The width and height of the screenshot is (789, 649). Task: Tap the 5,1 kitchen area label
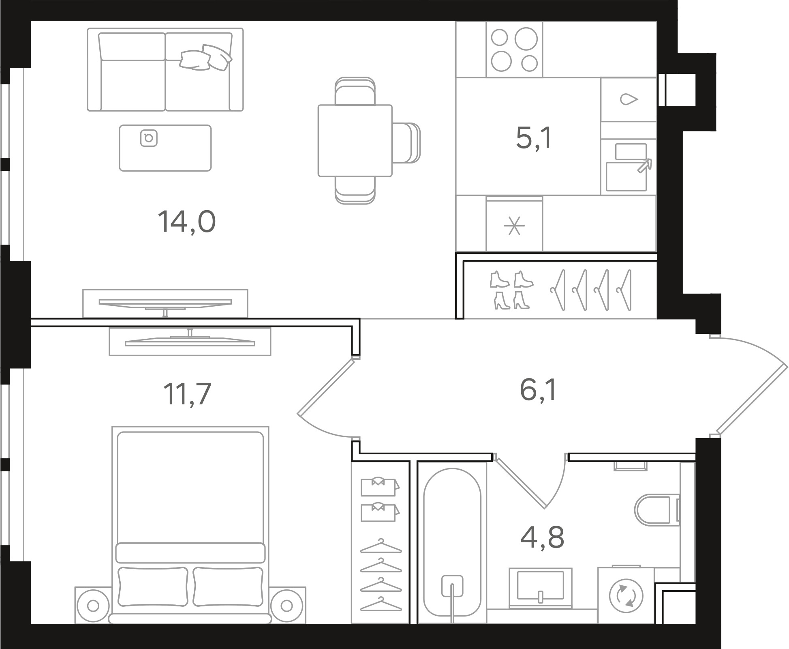point(534,138)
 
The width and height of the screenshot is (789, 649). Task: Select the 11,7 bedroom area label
point(187,394)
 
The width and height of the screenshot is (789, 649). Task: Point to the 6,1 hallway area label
point(538,389)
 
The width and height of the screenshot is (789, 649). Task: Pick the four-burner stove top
point(514,49)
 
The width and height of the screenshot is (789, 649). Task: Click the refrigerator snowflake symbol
point(514,226)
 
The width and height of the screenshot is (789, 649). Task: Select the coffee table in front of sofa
point(165,148)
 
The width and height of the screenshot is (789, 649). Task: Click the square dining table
point(355,140)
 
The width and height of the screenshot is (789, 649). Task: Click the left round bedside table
point(93,606)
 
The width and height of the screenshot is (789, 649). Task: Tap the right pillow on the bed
point(228,587)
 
